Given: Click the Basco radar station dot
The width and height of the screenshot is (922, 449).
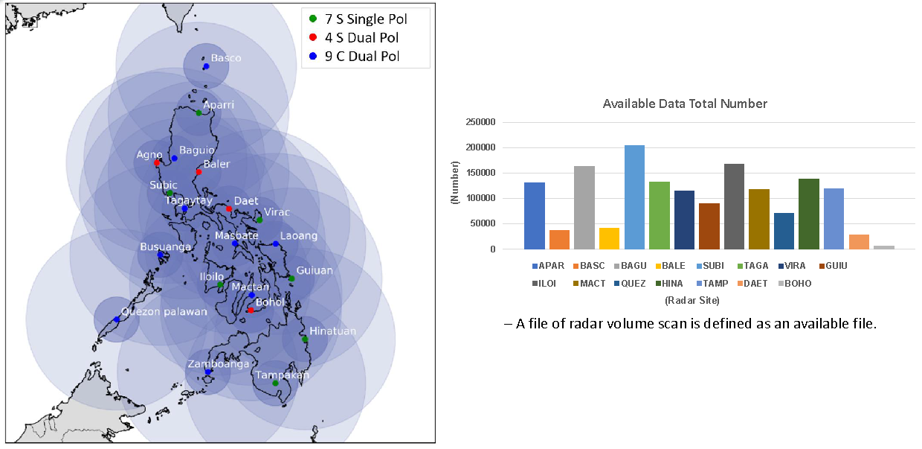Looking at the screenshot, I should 206,66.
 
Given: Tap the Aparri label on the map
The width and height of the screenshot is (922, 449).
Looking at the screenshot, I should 219,105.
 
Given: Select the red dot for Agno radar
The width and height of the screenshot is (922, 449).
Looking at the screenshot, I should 157,162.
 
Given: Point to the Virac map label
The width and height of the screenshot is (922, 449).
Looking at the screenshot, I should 277,211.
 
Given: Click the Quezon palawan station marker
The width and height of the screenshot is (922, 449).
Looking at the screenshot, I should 116,319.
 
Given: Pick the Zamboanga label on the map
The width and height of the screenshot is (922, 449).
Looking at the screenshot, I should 218,364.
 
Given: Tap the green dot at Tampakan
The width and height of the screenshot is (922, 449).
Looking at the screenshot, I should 275,383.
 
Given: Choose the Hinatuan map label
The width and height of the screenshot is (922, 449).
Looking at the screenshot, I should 332,331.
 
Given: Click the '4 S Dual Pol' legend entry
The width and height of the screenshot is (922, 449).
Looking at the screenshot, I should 361,37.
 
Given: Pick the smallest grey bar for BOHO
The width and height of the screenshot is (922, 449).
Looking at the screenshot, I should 884,247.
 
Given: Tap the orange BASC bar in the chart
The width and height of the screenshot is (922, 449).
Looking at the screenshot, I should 559,240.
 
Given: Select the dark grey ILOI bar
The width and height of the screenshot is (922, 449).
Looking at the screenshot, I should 734,206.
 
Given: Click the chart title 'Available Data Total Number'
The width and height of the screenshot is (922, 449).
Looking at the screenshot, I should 685,104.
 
